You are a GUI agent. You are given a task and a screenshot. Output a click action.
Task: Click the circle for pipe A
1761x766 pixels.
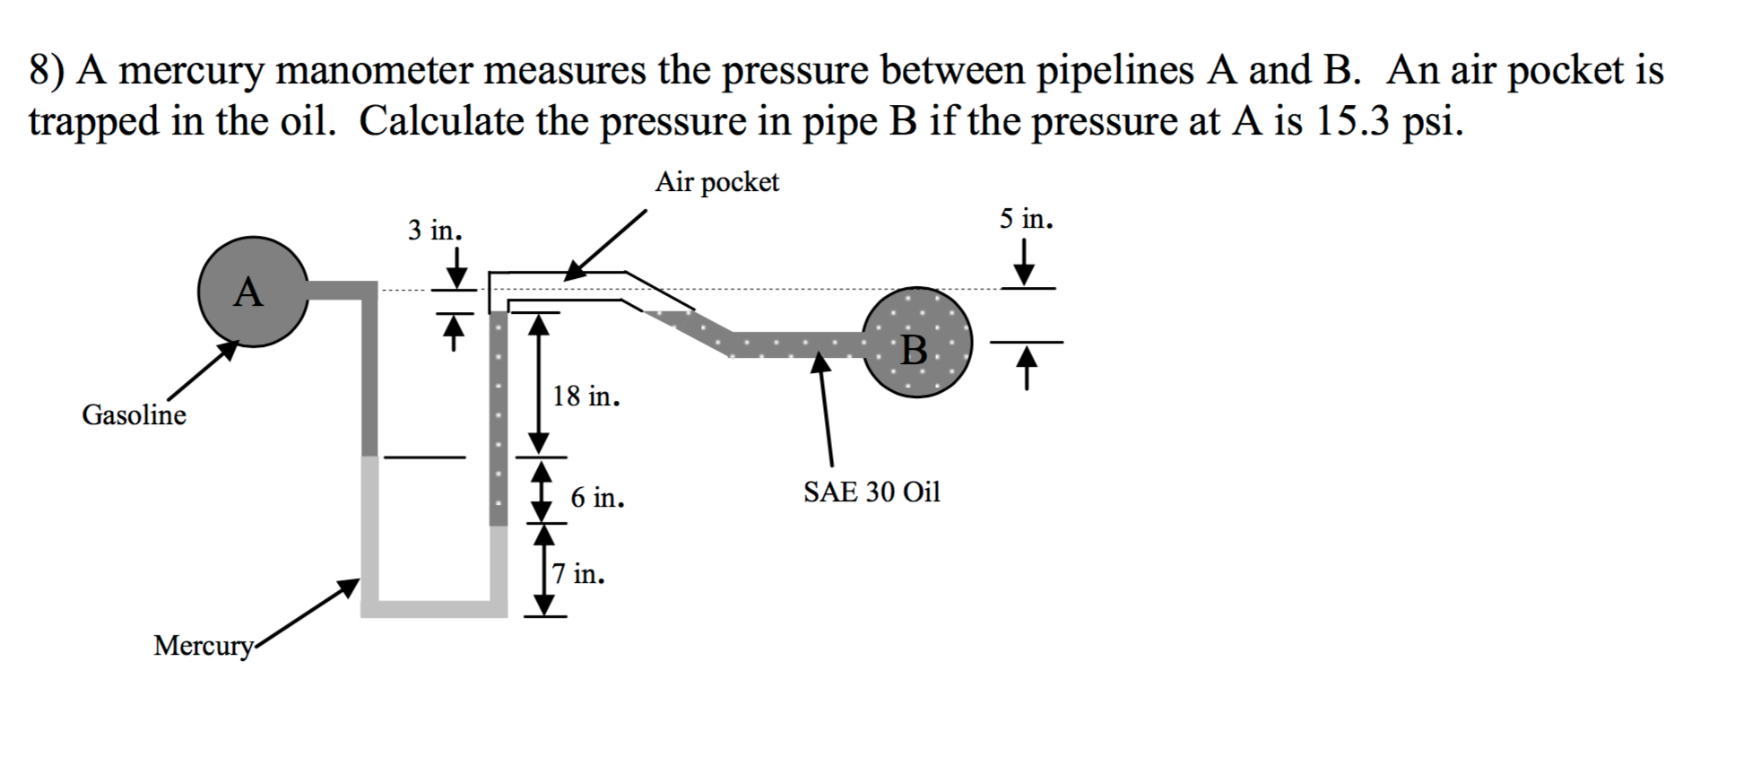(252, 292)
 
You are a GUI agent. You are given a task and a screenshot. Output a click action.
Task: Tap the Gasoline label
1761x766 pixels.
(134, 415)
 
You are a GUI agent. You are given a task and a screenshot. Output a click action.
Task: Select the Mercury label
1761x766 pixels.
(203, 646)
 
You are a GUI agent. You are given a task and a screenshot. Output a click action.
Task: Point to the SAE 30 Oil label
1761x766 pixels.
(872, 492)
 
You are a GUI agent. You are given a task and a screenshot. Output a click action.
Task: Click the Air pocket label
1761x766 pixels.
(716, 182)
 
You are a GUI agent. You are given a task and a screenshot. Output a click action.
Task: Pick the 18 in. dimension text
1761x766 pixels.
(586, 396)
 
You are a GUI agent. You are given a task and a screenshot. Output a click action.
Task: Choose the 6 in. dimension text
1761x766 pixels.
(597, 497)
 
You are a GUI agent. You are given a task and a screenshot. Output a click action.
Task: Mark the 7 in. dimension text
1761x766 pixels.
(578, 574)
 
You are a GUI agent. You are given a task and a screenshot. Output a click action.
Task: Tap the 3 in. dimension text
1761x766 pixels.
(435, 231)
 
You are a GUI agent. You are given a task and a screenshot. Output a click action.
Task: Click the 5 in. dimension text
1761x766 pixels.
(1027, 219)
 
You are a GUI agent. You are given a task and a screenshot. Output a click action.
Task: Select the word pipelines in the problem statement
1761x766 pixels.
(1115, 71)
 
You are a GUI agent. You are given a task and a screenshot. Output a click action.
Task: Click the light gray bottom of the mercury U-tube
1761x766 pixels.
(434, 608)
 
